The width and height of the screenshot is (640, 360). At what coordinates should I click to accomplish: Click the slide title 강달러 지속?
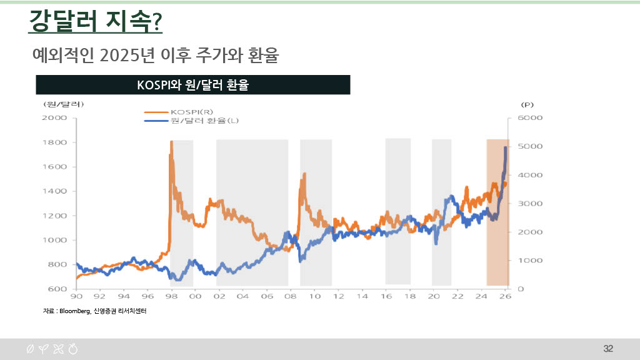coord(96,22)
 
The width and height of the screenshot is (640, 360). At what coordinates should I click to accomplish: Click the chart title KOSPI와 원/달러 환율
coord(192,85)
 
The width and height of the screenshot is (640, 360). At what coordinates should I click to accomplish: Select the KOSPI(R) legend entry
coord(188,112)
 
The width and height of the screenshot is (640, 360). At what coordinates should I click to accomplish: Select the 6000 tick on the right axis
coord(529,117)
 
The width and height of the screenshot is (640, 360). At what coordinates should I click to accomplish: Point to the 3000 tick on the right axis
coord(529,204)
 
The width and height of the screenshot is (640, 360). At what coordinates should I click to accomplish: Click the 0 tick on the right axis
coord(521,289)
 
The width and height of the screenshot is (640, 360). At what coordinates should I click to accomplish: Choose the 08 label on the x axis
coord(290,297)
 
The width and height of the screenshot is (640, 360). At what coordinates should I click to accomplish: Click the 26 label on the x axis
coord(505,297)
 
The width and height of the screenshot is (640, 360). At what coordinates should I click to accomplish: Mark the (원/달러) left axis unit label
coord(62,104)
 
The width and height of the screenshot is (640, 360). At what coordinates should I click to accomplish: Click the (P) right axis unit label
coord(527,104)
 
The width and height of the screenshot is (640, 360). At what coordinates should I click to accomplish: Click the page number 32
coord(608,348)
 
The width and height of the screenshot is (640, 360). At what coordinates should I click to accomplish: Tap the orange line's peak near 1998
coord(171,142)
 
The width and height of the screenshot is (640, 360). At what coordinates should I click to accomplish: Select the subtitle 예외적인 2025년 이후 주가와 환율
coord(155,56)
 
